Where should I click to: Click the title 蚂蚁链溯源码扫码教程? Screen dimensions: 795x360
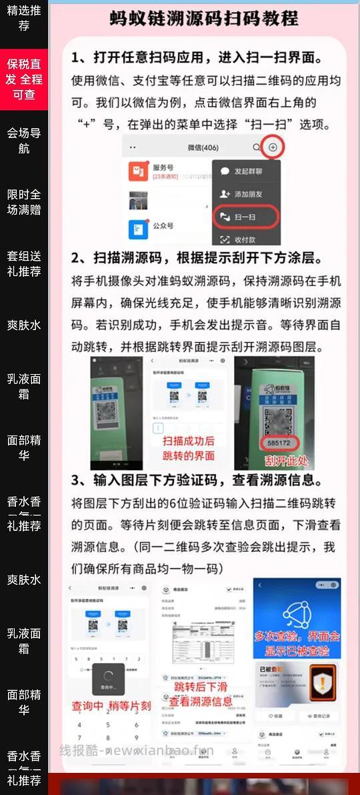tap(203, 18)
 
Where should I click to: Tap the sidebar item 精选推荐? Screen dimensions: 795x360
tap(24, 18)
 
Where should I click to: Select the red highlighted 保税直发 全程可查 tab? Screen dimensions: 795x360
tap(24, 79)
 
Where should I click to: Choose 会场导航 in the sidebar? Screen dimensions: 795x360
tap(24, 140)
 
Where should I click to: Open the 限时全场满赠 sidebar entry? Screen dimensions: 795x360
tap(24, 201)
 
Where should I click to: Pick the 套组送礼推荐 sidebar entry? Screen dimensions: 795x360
tap(24, 263)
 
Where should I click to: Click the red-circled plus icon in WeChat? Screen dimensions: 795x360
tap(271, 147)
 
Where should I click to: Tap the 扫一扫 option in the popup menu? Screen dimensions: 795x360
tap(245, 217)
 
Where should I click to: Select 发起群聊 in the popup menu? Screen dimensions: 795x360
tap(247, 171)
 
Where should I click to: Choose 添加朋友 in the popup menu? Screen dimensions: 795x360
tap(247, 194)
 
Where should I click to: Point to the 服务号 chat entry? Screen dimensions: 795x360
tap(163, 168)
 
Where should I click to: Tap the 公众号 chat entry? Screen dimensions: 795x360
tap(163, 226)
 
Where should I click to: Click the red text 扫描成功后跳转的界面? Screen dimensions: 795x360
tap(189, 448)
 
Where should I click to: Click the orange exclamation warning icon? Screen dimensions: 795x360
tap(323, 682)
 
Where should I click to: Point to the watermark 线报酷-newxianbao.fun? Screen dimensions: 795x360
tap(137, 750)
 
